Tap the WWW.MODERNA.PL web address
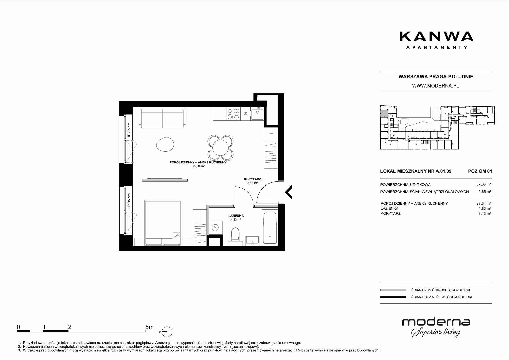coord(435,86)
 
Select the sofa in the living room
coord(162,119)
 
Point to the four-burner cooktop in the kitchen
coord(234,114)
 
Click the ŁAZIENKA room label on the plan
coord(236,216)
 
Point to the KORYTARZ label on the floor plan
coord(252,179)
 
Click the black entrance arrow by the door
coord(288,192)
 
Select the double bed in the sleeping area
coord(163,223)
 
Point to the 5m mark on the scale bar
coord(149,327)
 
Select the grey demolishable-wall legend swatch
coord(393,290)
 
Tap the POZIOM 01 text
coord(480,171)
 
